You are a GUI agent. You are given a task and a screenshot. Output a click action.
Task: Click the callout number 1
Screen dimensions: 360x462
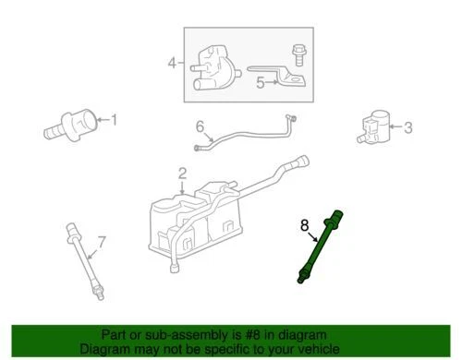pyautogui.click(x=115, y=118)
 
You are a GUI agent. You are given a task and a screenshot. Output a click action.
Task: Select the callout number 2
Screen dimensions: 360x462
pyautogui.click(x=182, y=173)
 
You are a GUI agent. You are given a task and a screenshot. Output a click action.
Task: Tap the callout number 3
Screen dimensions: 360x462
pyautogui.click(x=407, y=127)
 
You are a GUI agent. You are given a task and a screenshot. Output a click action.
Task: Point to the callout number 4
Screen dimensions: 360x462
pyautogui.click(x=171, y=63)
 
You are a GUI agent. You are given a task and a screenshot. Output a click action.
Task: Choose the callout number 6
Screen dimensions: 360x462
pyautogui.click(x=199, y=126)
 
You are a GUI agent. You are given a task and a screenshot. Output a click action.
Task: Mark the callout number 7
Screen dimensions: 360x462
pyautogui.click(x=102, y=242)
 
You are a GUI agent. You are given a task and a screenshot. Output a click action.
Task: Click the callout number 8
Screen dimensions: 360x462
pyautogui.click(x=303, y=224)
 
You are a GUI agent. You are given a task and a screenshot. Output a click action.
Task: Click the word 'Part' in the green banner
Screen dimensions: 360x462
pyautogui.click(x=115, y=336)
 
